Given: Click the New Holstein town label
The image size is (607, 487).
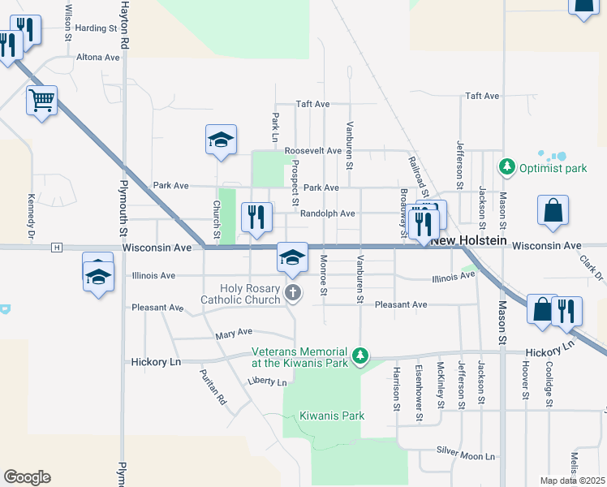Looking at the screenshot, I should [x=468, y=241].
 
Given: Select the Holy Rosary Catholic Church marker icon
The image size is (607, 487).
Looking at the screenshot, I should [x=293, y=293].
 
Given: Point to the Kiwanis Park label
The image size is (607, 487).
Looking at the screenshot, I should [x=332, y=416].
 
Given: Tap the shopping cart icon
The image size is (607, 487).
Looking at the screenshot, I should [x=41, y=101].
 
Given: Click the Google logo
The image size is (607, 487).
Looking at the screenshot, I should [x=27, y=477].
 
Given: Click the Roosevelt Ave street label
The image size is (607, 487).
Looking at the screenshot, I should [x=312, y=151].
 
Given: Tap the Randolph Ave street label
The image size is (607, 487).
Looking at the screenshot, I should [x=328, y=213].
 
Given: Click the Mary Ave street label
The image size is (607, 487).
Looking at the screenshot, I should [x=234, y=333].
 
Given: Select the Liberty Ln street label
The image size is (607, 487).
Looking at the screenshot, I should [x=268, y=381].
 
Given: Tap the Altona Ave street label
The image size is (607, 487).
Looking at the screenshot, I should [x=98, y=58].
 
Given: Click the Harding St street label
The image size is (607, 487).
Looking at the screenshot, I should [x=96, y=28].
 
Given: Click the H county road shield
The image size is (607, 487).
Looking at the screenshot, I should [x=56, y=247].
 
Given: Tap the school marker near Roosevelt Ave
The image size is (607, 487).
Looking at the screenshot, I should [x=221, y=140].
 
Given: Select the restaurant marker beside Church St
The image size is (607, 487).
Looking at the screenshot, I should [x=256, y=217].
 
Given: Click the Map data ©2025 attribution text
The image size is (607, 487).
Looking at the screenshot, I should [x=572, y=481].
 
